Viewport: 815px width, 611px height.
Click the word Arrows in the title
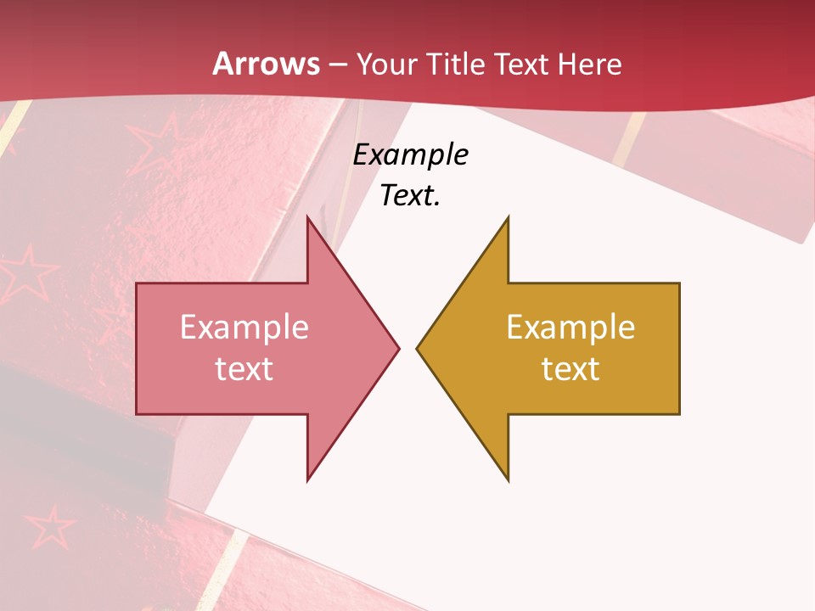(x=267, y=64)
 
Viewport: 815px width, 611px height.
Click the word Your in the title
(x=386, y=64)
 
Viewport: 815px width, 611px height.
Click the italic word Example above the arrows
(x=411, y=155)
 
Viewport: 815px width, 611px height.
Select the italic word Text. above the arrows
(x=411, y=196)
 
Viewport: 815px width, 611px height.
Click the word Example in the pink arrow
(x=244, y=327)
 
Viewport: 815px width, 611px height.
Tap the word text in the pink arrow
(x=244, y=368)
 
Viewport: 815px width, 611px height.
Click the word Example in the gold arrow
(x=570, y=327)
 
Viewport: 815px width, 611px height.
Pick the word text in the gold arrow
(x=570, y=368)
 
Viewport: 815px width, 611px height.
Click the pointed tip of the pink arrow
(x=396, y=348)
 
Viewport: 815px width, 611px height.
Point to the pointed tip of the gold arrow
(x=419, y=348)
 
